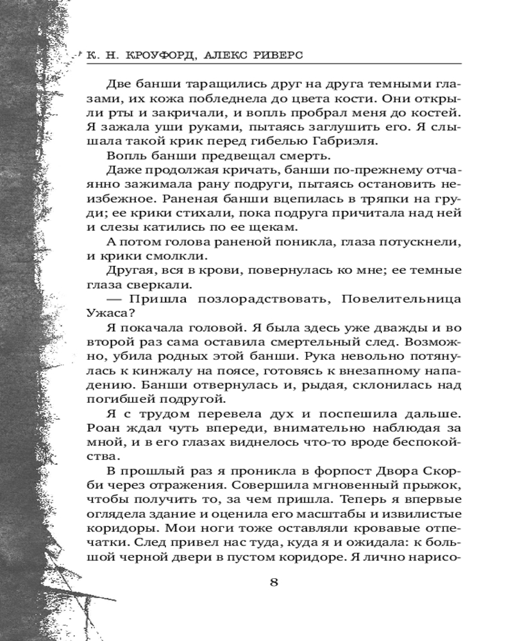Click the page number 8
274,582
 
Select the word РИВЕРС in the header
269,56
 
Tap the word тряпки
382,199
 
